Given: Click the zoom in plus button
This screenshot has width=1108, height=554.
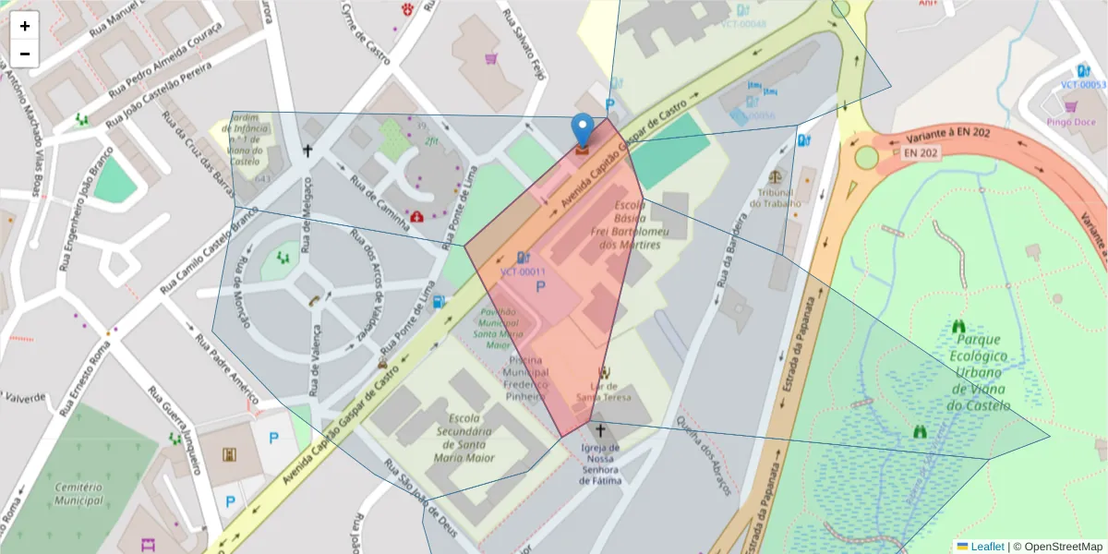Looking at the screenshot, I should coord(25,26).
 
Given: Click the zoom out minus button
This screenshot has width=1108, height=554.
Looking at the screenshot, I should coord(25,54).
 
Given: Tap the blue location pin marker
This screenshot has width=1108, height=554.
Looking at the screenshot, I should coord(582,130).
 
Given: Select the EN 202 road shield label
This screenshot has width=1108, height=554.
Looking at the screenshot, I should coord(921,152).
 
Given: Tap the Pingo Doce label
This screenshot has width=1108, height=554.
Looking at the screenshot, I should coord(1070,121).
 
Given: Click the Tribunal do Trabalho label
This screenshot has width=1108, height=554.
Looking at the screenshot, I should coord(777,198).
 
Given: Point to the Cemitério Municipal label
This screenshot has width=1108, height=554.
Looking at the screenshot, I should coord(78,493).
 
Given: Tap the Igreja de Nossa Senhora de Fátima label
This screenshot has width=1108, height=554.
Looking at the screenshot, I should coord(600,464).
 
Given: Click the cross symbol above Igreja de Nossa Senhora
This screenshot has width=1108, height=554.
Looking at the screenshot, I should coord(599,430).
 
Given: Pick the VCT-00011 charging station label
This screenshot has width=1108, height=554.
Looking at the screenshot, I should coord(524,272).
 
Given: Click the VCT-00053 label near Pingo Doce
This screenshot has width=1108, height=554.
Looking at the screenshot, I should coord(1082,85).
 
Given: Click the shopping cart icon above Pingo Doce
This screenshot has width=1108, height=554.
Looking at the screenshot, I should coord(1070,106).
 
